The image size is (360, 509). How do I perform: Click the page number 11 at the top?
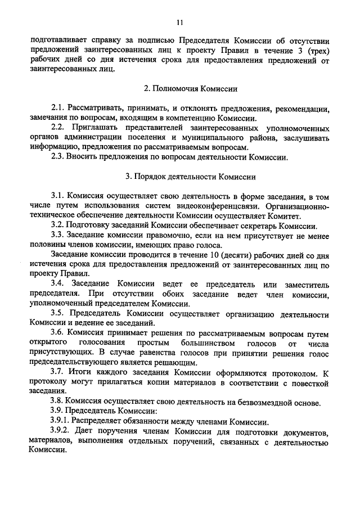[x=179, y=23]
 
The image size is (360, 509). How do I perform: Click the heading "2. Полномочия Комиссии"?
[x=191, y=89]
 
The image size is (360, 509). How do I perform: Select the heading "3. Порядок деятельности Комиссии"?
[x=191, y=177]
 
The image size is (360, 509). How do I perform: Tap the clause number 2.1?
[x=57, y=108]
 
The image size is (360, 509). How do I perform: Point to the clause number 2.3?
[x=57, y=157]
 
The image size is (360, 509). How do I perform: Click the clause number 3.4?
[x=57, y=283]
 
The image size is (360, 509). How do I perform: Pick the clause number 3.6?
[x=57, y=332]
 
